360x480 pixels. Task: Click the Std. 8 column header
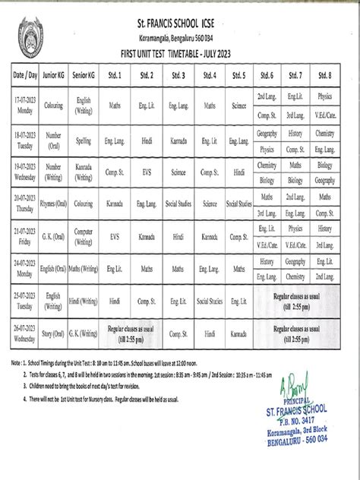[325, 75]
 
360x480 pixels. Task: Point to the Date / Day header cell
[24, 75]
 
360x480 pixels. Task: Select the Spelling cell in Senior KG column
[83, 141]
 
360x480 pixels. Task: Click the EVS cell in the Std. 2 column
[146, 172]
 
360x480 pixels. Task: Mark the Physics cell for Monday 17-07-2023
[325, 97]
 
